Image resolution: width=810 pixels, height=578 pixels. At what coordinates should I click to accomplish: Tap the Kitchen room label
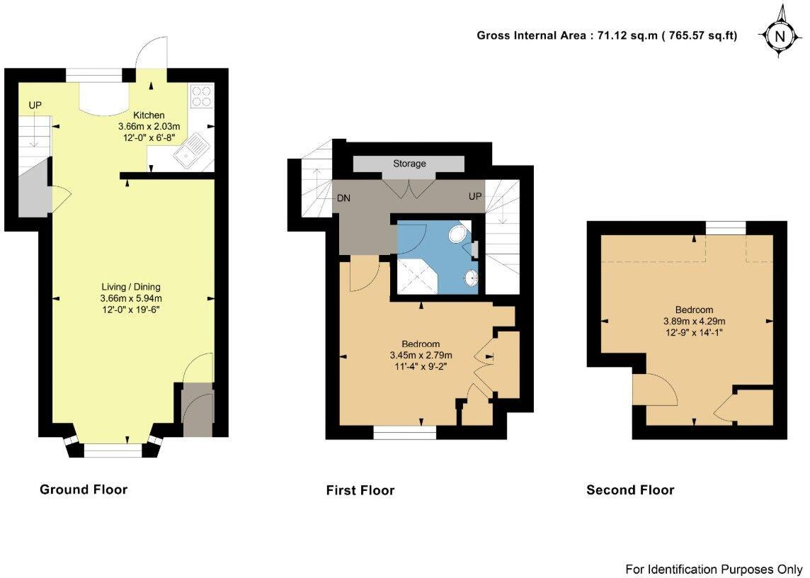[x=149, y=115]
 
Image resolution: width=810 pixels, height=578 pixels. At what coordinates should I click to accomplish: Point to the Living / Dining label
[x=131, y=287]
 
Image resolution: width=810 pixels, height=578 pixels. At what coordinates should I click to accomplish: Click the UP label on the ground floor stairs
[x=35, y=106]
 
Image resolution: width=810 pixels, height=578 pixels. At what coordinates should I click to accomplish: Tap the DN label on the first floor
[x=345, y=198]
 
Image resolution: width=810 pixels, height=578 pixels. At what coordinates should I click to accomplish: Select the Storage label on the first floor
[x=410, y=164]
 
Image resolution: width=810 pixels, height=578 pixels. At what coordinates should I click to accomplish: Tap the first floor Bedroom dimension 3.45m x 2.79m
[x=421, y=355]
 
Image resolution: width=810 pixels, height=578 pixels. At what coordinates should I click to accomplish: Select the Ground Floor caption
[x=84, y=489]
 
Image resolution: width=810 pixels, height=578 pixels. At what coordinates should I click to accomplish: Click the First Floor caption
[x=360, y=490]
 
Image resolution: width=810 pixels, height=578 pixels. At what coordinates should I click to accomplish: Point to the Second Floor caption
[x=630, y=490]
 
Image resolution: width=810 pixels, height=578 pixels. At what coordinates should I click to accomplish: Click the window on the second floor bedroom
[x=726, y=227]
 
